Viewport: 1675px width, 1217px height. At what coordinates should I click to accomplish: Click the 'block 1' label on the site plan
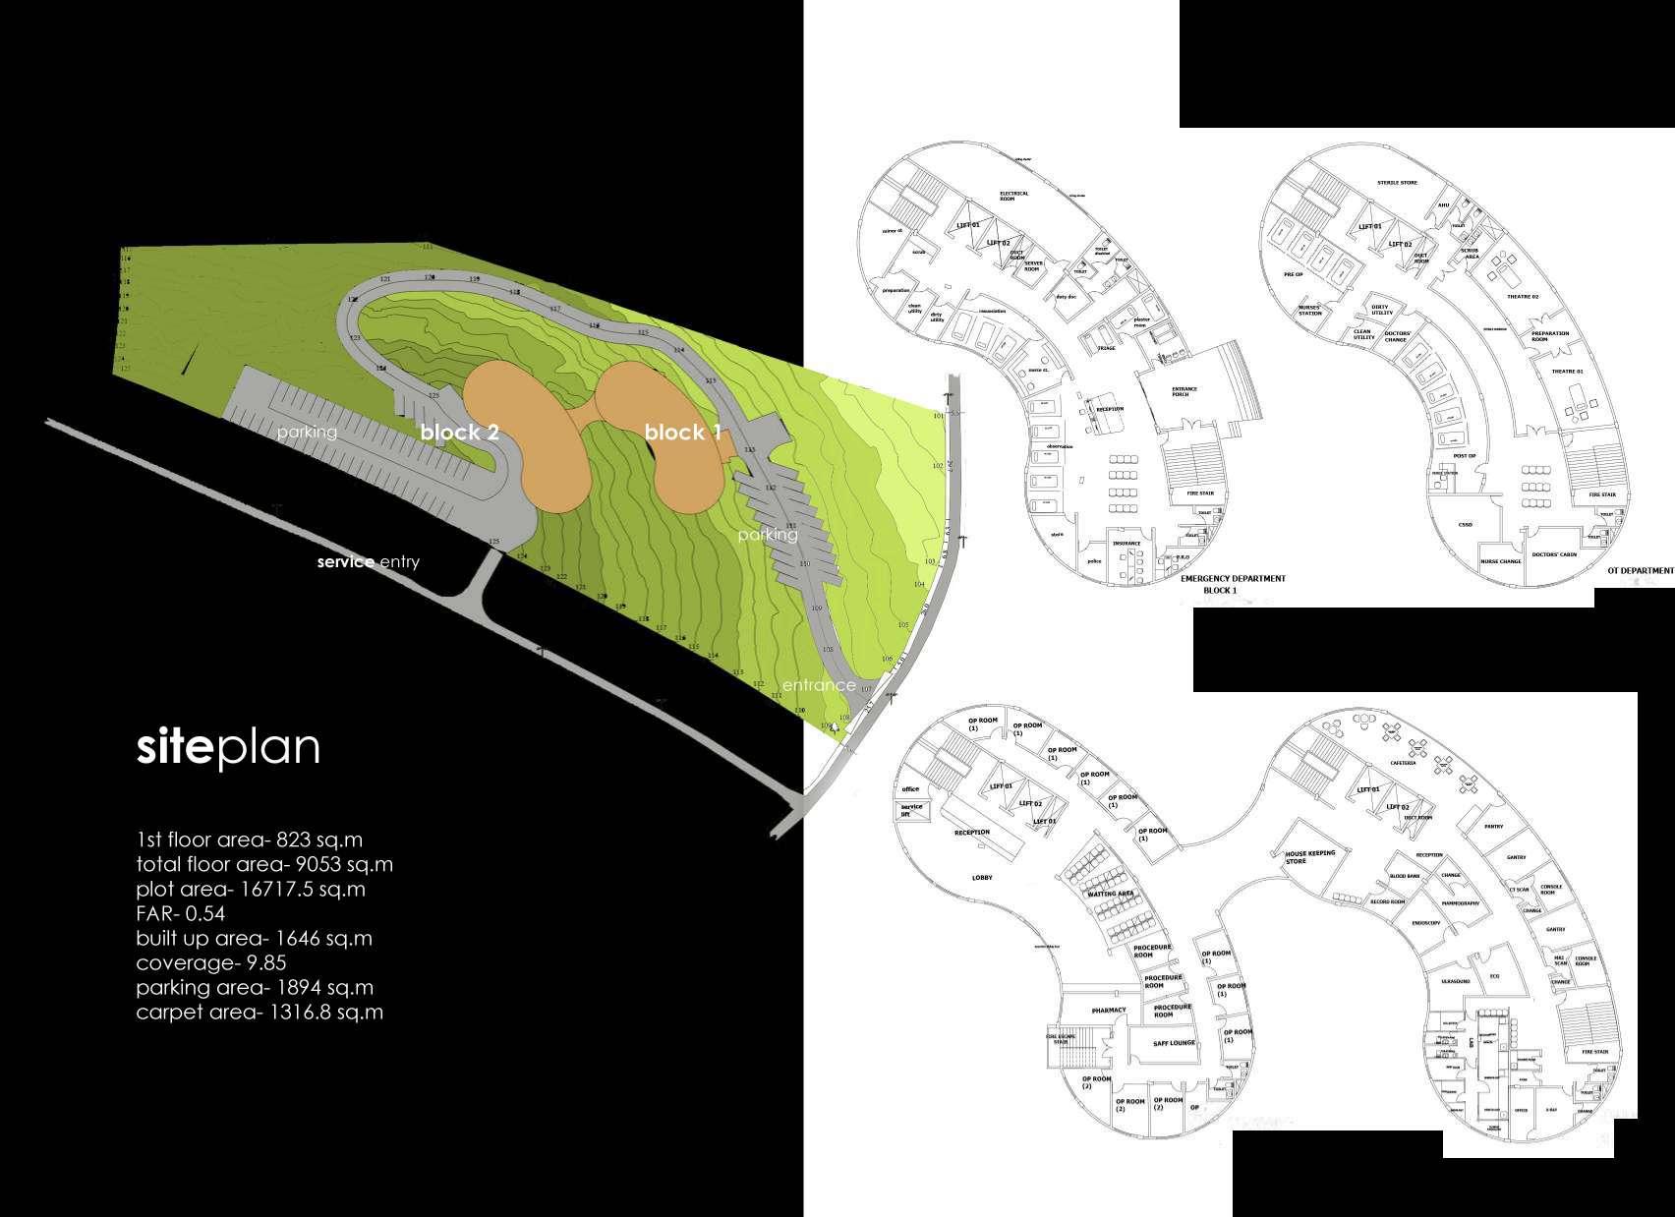(x=682, y=432)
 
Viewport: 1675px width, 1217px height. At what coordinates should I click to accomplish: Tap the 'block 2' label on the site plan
(x=460, y=432)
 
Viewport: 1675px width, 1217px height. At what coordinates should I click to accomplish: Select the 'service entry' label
(x=369, y=562)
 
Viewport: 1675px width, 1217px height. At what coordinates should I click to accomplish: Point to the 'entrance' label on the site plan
(x=819, y=685)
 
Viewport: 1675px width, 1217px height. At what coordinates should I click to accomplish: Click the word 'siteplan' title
(x=228, y=748)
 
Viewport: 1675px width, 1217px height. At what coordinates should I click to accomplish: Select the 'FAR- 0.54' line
(x=181, y=913)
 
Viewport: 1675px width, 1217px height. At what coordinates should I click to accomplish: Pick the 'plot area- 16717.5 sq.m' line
(x=251, y=889)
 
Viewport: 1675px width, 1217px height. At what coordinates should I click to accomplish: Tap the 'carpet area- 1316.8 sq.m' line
(x=260, y=1012)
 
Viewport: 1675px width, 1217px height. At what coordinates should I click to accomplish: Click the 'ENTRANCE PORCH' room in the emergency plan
(x=1184, y=392)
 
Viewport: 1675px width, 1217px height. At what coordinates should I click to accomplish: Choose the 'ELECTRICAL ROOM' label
(x=1013, y=196)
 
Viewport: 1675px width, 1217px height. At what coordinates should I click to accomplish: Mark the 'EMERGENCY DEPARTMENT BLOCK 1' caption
(x=1233, y=584)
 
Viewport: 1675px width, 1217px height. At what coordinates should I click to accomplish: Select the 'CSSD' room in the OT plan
(x=1465, y=524)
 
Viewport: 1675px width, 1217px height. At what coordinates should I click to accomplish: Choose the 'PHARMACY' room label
(x=1108, y=1010)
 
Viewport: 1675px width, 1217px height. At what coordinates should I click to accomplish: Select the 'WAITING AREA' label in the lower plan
(x=1111, y=894)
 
